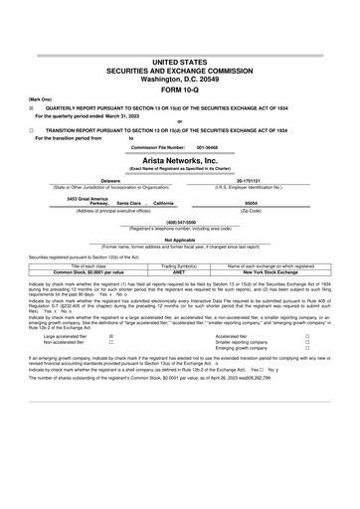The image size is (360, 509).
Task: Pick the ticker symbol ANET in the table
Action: (x=180, y=271)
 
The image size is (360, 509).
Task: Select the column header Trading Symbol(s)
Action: (x=180, y=265)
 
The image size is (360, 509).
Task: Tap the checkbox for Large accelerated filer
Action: (x=109, y=337)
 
